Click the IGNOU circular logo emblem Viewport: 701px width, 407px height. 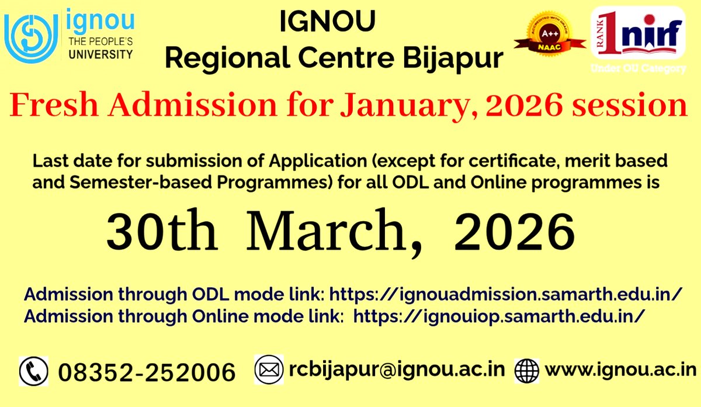click(31, 35)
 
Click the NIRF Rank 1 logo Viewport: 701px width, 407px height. click(637, 33)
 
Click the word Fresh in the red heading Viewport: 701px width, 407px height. click(59, 106)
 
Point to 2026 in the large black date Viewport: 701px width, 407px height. click(514, 232)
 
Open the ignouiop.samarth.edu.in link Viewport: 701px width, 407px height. click(499, 316)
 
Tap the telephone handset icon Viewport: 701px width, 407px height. click(34, 370)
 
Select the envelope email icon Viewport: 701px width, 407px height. click(269, 370)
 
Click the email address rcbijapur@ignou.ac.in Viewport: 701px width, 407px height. click(397, 370)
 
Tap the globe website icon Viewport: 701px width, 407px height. click(527, 371)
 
